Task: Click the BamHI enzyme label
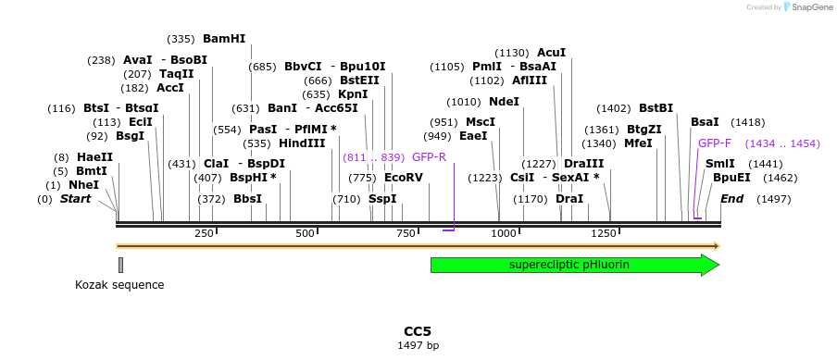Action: (x=224, y=39)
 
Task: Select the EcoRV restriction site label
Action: (x=403, y=178)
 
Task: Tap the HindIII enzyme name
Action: (x=302, y=143)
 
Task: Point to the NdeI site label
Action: (x=504, y=102)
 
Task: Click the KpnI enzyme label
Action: (x=353, y=94)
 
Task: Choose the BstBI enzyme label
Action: (x=656, y=108)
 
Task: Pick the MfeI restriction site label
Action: (x=638, y=143)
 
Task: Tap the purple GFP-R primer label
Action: (x=429, y=157)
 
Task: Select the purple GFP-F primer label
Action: (x=715, y=143)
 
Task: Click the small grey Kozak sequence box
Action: (x=120, y=265)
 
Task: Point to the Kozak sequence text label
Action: (x=119, y=285)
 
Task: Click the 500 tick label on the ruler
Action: (x=305, y=234)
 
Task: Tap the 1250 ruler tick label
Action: (x=604, y=234)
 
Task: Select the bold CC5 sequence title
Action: (x=418, y=331)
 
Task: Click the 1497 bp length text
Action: (x=418, y=345)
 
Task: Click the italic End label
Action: (x=731, y=199)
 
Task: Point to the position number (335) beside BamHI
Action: (x=181, y=39)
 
